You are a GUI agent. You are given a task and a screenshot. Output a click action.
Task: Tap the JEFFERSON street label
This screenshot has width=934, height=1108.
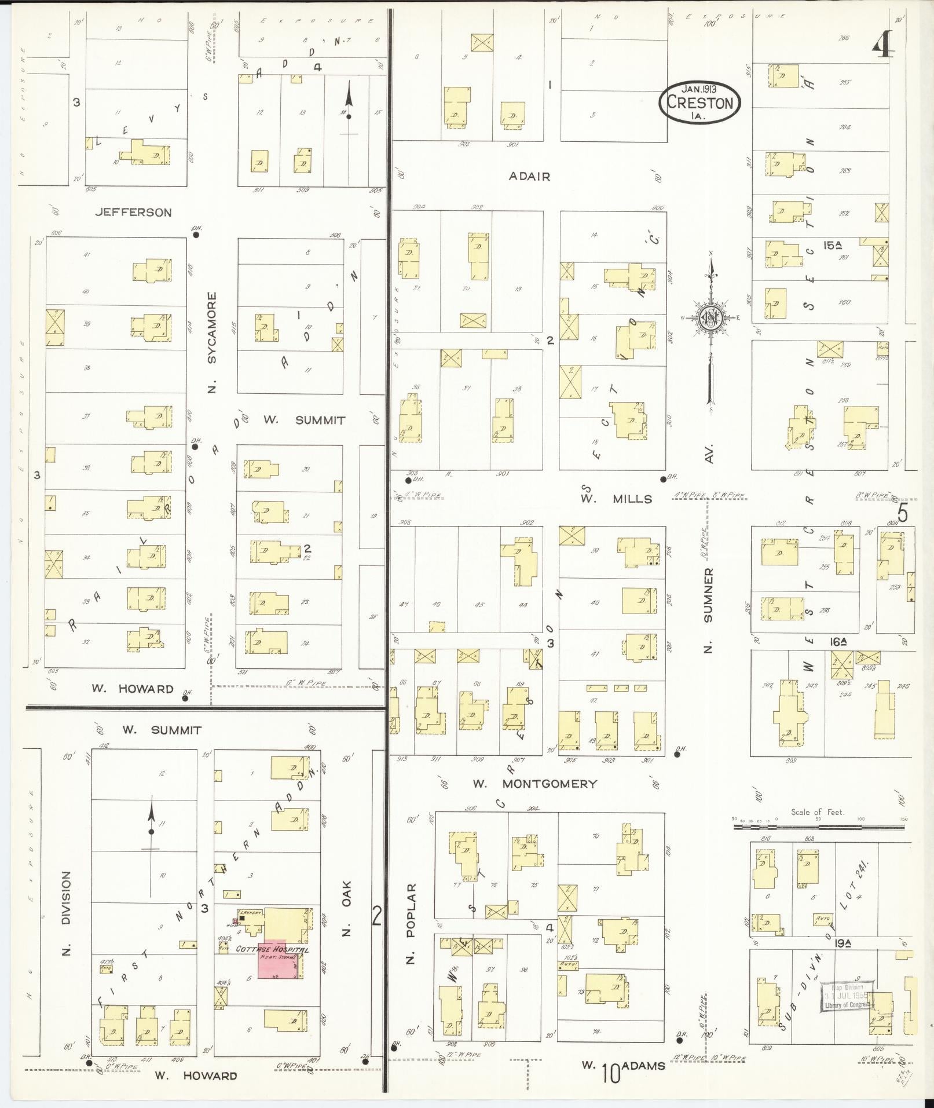(134, 213)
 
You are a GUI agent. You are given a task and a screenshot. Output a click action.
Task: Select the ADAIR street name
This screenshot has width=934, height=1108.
(529, 176)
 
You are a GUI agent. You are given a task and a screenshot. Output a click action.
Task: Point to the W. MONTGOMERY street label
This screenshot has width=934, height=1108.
(534, 784)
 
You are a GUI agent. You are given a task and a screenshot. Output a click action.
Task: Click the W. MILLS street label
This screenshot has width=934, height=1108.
(616, 499)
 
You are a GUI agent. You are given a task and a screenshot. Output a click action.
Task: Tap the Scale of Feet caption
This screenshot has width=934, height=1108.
(818, 812)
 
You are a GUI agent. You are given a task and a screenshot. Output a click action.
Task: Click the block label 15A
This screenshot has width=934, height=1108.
(833, 246)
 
